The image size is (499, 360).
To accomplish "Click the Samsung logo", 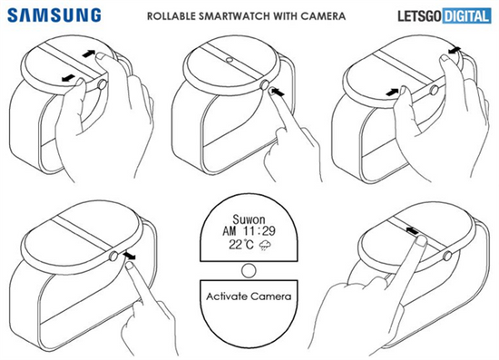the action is coord(54,15).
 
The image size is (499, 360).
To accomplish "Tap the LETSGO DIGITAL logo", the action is coord(445,16).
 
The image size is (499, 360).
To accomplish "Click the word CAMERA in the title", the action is coord(323,16).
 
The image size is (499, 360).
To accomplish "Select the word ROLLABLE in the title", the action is coord(171,16).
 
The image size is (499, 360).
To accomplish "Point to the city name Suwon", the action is coord(249,219).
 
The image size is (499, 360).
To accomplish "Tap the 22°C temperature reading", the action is coord(241,245).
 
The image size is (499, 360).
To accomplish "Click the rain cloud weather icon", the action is coord(265,245).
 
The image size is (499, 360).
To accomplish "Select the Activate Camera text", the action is coord(249,297).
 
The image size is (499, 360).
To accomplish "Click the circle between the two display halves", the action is coord(249,270).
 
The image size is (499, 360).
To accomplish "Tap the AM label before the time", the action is coord(230,231).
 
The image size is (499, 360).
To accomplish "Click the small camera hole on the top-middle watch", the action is coord(229,60).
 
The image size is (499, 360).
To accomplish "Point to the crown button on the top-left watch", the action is coord(103,84).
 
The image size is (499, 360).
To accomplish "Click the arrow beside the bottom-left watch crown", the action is coord(129,256).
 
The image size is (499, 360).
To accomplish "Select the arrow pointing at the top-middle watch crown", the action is coord(279,92).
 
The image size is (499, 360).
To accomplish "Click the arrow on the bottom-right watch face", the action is coord(412,230).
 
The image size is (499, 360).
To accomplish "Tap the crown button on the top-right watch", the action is coord(433,90).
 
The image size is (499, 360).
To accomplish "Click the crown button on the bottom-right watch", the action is coord(446,256).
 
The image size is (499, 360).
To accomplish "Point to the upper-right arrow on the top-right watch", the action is coord(455,50).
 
